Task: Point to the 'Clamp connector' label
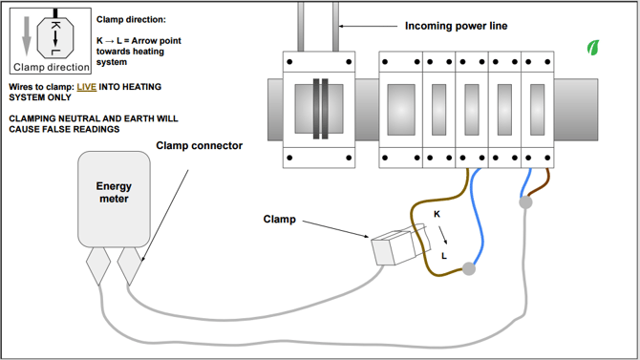(x=199, y=146)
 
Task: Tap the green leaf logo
(x=593, y=47)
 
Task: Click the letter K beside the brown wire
(x=437, y=214)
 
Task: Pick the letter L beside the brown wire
(x=444, y=256)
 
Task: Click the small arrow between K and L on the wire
(x=440, y=235)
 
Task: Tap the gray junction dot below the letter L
(x=469, y=269)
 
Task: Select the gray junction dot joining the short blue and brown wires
(x=524, y=202)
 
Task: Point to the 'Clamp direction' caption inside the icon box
(x=53, y=68)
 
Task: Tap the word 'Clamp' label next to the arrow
(x=280, y=219)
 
